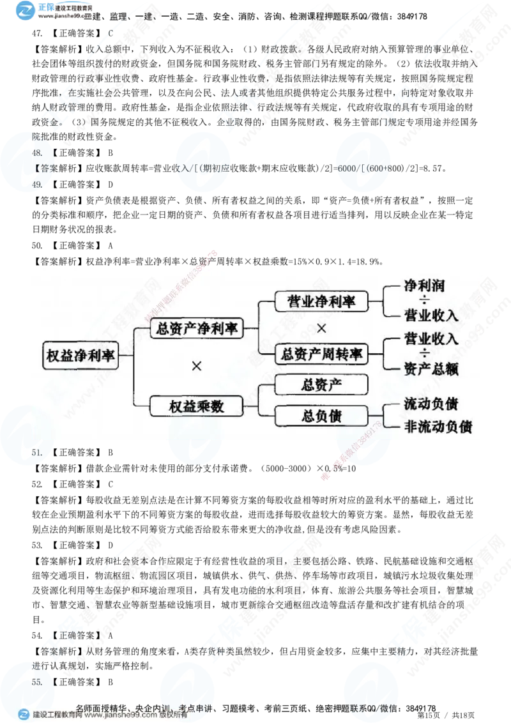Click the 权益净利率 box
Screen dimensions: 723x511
coord(81,356)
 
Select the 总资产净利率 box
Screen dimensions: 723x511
coord(197,329)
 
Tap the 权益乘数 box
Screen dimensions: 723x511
coord(197,406)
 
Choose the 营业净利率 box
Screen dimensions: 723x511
coord(321,301)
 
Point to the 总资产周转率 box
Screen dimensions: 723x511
coord(321,354)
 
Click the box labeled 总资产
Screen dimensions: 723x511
coord(321,384)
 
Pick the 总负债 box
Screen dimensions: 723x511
coord(321,416)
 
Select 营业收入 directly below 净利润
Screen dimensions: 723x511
coord(431,315)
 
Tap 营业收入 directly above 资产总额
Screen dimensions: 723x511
coord(431,339)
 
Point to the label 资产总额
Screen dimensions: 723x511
coord(431,369)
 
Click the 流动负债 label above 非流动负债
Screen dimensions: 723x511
coord(431,404)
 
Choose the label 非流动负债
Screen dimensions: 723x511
coord(438,427)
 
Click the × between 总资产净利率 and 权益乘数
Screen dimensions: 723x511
coord(197,366)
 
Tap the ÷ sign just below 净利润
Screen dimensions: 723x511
coord(425,300)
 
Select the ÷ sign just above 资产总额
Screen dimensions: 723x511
coord(425,354)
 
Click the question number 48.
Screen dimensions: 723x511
coord(37,153)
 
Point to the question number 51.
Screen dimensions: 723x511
coord(37,452)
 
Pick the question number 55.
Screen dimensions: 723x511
coord(37,681)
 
